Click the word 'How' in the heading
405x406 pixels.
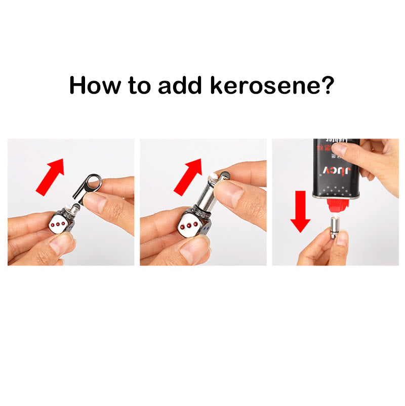(95, 85)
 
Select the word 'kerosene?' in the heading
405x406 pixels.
(273, 85)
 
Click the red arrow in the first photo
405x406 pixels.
(51, 175)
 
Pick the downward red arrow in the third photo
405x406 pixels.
(301, 210)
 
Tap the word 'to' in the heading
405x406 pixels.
(137, 85)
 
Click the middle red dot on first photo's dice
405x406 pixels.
(57, 225)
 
